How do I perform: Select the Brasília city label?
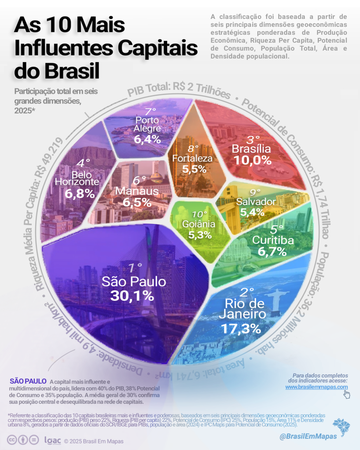point(252,149)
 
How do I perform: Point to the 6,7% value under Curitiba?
point(269,252)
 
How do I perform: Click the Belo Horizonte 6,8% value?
point(80,194)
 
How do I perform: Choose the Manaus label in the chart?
point(137,191)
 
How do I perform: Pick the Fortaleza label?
point(193,158)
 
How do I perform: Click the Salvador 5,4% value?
point(252,212)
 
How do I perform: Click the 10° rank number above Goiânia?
point(199,215)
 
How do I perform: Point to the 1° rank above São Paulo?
point(135,267)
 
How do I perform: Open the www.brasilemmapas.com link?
point(316,387)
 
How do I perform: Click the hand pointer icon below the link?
point(347,395)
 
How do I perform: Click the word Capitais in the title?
point(150,48)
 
